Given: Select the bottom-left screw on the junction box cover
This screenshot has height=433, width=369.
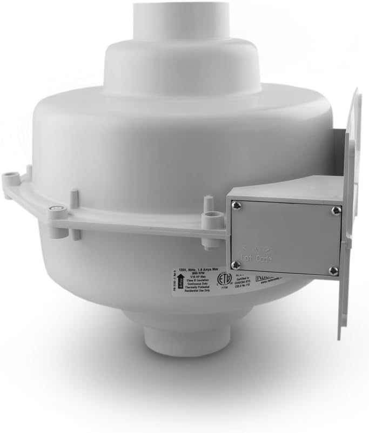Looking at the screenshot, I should point(236,264).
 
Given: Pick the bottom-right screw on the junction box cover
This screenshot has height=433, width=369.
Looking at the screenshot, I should point(333,270).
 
